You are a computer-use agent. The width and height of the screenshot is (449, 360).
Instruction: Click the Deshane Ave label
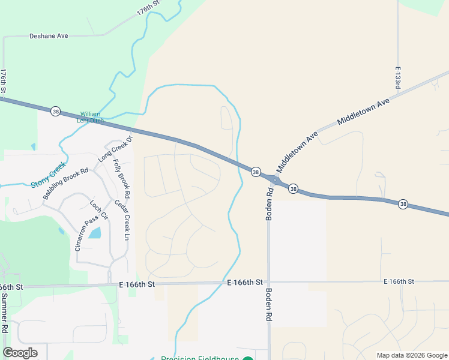tap(49, 36)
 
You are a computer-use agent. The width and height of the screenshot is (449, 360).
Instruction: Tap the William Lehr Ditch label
tap(91, 117)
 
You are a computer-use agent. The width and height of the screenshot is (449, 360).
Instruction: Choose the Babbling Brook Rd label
tap(65, 183)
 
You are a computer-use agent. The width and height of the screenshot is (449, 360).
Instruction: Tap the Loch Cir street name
tap(98, 209)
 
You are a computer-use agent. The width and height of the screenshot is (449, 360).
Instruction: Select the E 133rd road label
tap(397, 79)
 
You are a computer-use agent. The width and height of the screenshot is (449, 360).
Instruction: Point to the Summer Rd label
tap(4, 313)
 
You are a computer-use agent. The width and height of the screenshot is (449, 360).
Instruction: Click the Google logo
tap(20, 353)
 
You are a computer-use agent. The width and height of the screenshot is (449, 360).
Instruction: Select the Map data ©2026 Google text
tap(412, 355)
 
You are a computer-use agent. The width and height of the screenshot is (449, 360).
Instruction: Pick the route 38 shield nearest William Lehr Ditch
tap(55, 112)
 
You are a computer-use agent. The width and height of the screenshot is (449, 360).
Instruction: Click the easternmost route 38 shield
tap(403, 204)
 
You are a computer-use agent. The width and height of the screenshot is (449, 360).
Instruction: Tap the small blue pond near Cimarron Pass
tap(95, 232)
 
